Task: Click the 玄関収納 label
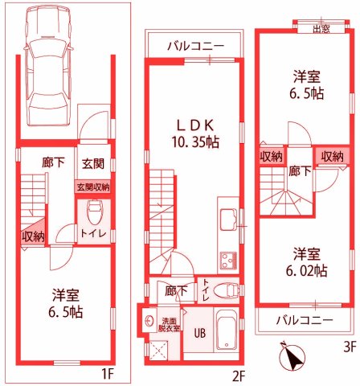click(x=93, y=187)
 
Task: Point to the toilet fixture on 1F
click(x=94, y=213)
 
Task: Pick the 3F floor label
click(x=348, y=347)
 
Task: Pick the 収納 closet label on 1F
click(x=33, y=236)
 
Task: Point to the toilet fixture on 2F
click(x=229, y=291)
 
